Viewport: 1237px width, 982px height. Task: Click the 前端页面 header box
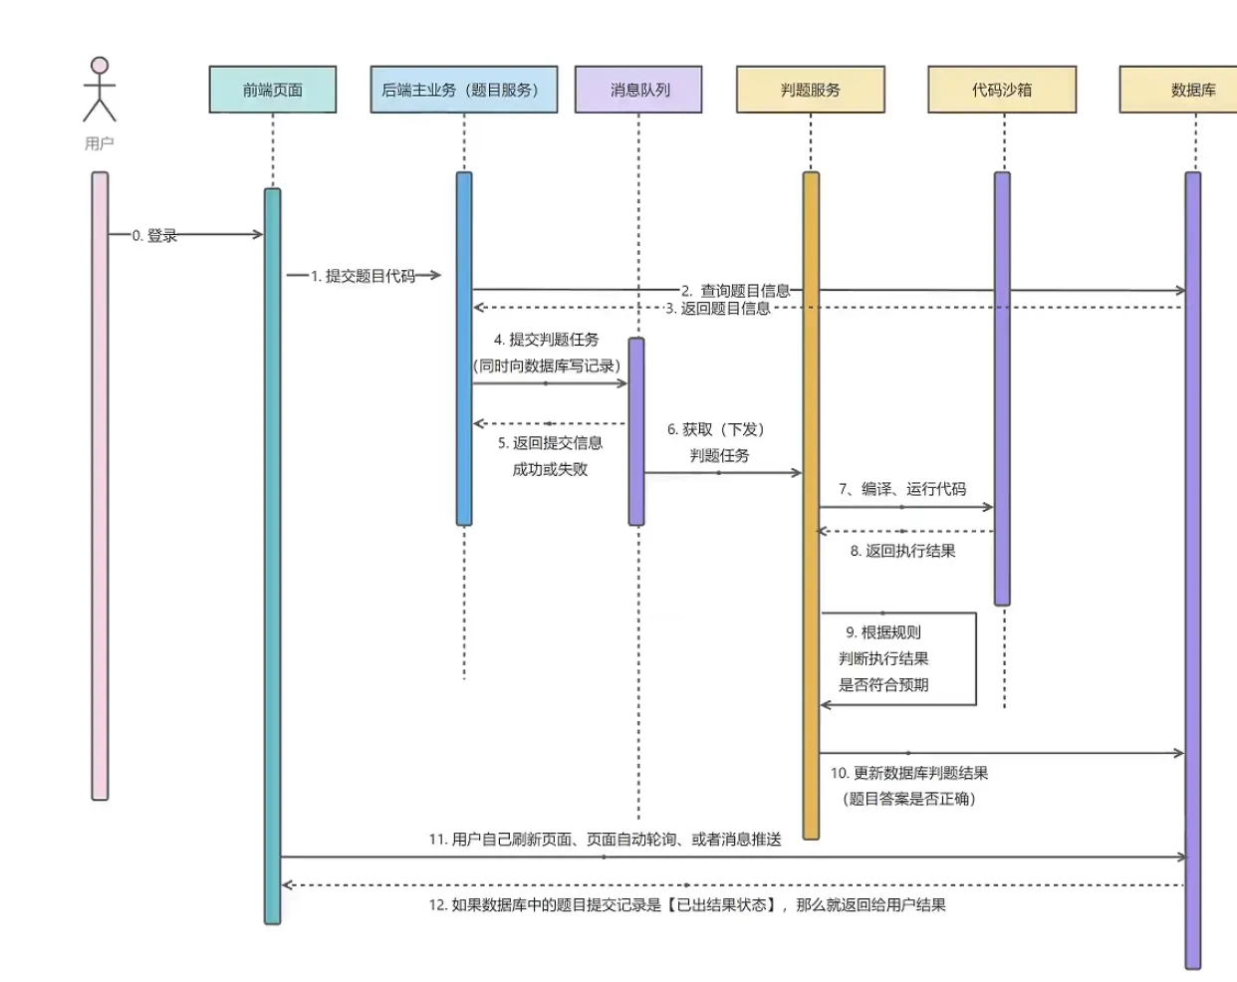click(x=272, y=90)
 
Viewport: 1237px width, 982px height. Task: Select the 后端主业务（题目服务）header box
click(x=463, y=90)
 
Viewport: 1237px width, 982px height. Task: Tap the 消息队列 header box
click(x=638, y=90)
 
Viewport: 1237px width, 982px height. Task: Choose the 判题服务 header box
click(x=810, y=90)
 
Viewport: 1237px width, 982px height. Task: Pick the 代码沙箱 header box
click(x=1001, y=90)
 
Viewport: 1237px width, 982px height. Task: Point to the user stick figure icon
click(x=99, y=90)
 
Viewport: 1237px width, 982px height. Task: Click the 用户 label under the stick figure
click(x=99, y=143)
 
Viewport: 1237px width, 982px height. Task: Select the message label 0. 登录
click(x=154, y=236)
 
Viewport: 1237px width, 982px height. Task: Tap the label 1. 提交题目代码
click(x=363, y=276)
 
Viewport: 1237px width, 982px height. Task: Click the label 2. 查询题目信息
click(x=736, y=291)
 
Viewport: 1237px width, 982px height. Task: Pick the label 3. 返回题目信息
click(x=718, y=309)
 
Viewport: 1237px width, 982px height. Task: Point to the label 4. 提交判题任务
click(x=547, y=340)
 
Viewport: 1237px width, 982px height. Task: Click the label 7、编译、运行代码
click(x=902, y=489)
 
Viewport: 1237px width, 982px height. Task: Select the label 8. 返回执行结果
click(x=902, y=551)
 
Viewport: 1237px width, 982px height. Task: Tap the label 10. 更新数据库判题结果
click(x=909, y=773)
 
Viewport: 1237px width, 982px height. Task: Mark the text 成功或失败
click(x=550, y=469)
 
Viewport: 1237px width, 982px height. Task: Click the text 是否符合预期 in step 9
click(x=883, y=685)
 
